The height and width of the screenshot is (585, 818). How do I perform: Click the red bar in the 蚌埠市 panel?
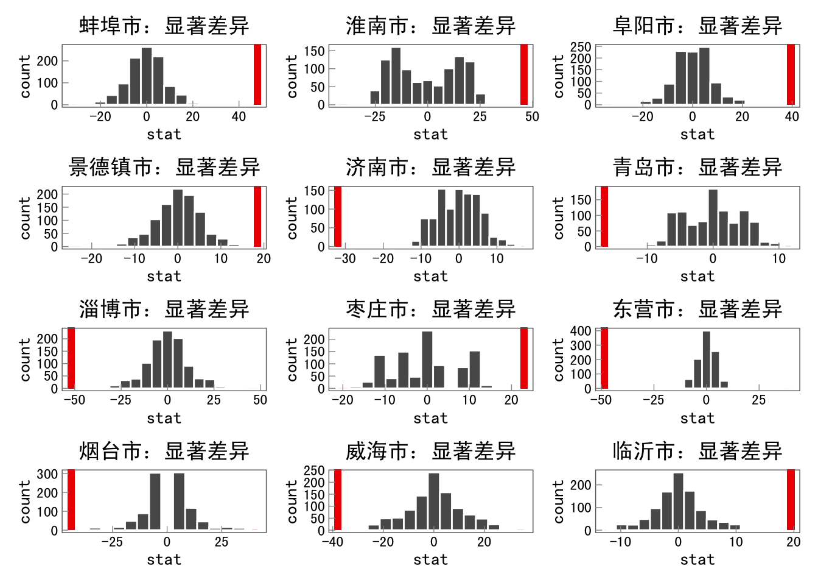point(257,74)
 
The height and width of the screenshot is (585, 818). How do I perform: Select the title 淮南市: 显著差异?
point(430,26)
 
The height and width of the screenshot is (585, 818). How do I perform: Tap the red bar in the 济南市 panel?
point(338,216)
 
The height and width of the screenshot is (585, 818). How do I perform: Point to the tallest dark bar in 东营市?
point(706,360)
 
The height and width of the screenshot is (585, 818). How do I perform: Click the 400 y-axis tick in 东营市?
point(580,331)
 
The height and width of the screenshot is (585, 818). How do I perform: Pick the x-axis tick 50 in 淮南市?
point(532,117)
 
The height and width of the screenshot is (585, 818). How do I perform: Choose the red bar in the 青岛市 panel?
point(604,216)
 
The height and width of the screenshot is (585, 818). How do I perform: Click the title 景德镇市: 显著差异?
point(164,168)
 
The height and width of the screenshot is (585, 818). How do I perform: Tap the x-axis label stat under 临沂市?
point(697,559)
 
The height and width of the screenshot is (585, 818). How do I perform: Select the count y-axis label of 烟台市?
point(25,501)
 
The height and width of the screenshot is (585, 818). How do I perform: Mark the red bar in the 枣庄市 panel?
point(524,358)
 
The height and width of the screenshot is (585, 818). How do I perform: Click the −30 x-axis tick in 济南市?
point(344,258)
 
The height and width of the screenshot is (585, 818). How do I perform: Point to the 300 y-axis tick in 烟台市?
point(47,474)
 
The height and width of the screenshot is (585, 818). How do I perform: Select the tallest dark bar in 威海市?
point(433,502)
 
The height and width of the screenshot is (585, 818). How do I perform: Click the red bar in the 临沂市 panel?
point(791,500)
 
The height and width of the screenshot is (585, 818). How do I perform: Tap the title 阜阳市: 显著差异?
point(697,26)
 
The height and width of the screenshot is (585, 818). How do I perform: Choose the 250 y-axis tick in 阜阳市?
point(580,47)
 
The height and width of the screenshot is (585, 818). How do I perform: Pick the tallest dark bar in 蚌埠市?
point(146,76)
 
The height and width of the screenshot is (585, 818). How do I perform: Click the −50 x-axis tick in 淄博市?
point(74,400)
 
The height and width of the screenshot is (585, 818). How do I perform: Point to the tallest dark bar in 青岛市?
point(713,218)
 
